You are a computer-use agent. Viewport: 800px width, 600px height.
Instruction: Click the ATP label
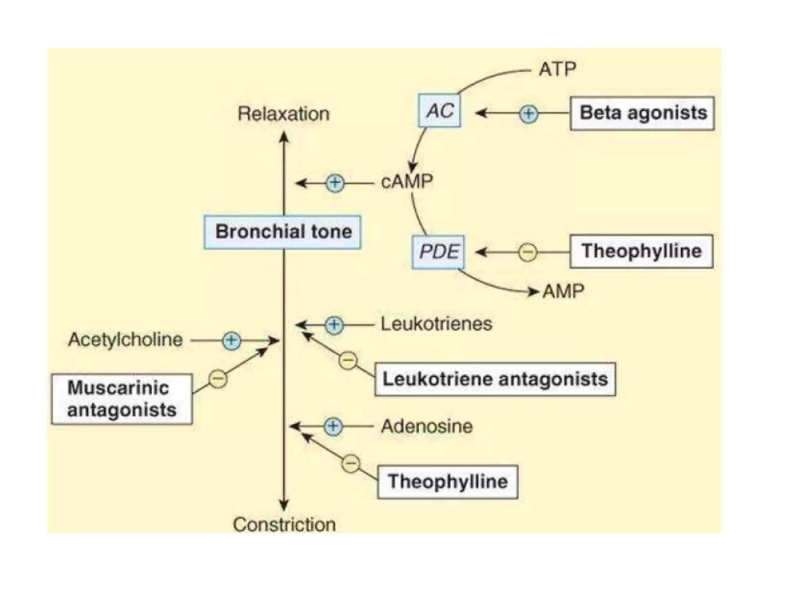[557, 70]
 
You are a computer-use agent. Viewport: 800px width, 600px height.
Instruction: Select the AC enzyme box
[439, 111]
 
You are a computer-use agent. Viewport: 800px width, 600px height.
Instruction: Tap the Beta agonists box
[642, 113]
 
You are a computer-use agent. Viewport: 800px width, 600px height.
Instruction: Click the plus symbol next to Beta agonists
[529, 114]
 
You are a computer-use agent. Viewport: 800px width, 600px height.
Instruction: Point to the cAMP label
[407, 182]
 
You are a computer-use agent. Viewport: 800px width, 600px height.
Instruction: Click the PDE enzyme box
[438, 252]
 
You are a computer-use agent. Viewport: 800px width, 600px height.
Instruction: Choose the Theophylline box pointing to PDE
[641, 251]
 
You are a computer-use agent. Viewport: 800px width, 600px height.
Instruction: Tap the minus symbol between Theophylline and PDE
[528, 252]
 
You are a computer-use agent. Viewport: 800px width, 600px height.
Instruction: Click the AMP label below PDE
[563, 291]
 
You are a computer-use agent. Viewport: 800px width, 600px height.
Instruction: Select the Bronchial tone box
[282, 232]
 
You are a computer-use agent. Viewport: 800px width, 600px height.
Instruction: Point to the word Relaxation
[284, 114]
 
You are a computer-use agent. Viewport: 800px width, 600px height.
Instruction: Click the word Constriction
[284, 524]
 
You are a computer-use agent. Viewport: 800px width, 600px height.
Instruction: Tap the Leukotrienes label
[436, 324]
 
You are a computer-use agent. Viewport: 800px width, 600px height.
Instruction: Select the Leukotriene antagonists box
[495, 379]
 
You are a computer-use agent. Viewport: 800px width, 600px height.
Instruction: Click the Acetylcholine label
[125, 339]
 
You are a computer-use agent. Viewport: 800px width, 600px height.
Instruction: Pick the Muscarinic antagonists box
[122, 399]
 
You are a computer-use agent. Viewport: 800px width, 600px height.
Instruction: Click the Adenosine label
[427, 426]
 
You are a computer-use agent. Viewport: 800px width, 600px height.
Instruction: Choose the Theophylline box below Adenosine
[448, 482]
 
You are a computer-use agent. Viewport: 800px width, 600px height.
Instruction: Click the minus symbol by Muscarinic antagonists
[218, 379]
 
